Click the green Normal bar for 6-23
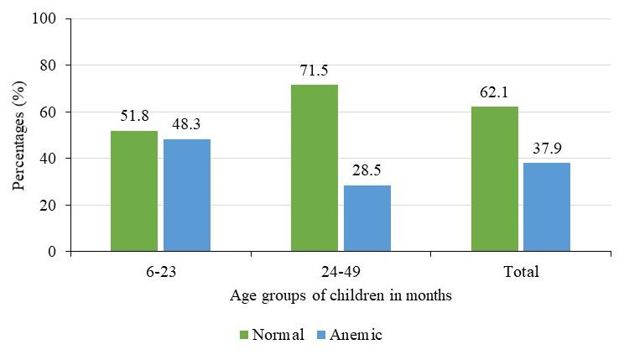tap(134, 191)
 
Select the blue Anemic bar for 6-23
tap(187, 196)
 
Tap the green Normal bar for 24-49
tap(315, 168)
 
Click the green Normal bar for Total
tap(495, 179)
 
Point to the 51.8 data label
tap(134, 117)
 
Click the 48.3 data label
tap(187, 125)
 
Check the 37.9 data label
tap(547, 149)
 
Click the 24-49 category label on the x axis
tap(341, 272)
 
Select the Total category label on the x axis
tap(521, 272)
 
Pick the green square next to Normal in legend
tap(245, 335)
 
